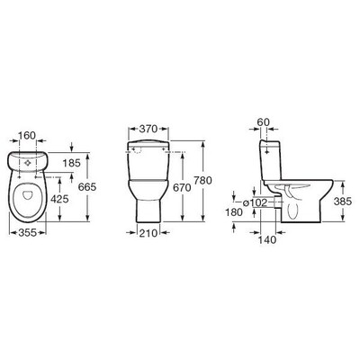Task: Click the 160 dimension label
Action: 27,136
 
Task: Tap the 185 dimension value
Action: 72,163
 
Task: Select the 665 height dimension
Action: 87,187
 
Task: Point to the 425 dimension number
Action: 59,199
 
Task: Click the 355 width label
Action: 27,232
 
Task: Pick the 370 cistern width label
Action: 148,129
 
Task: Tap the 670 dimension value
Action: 182,188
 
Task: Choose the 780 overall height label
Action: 203,181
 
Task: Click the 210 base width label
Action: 148,233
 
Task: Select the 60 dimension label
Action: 264,121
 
